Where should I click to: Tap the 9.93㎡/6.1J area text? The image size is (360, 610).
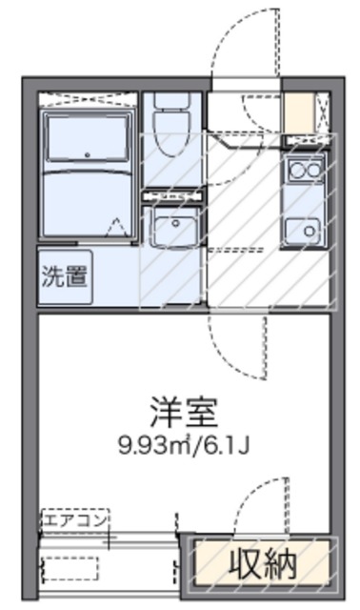tap(185, 445)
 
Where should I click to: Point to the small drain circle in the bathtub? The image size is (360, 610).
tap(87, 153)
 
